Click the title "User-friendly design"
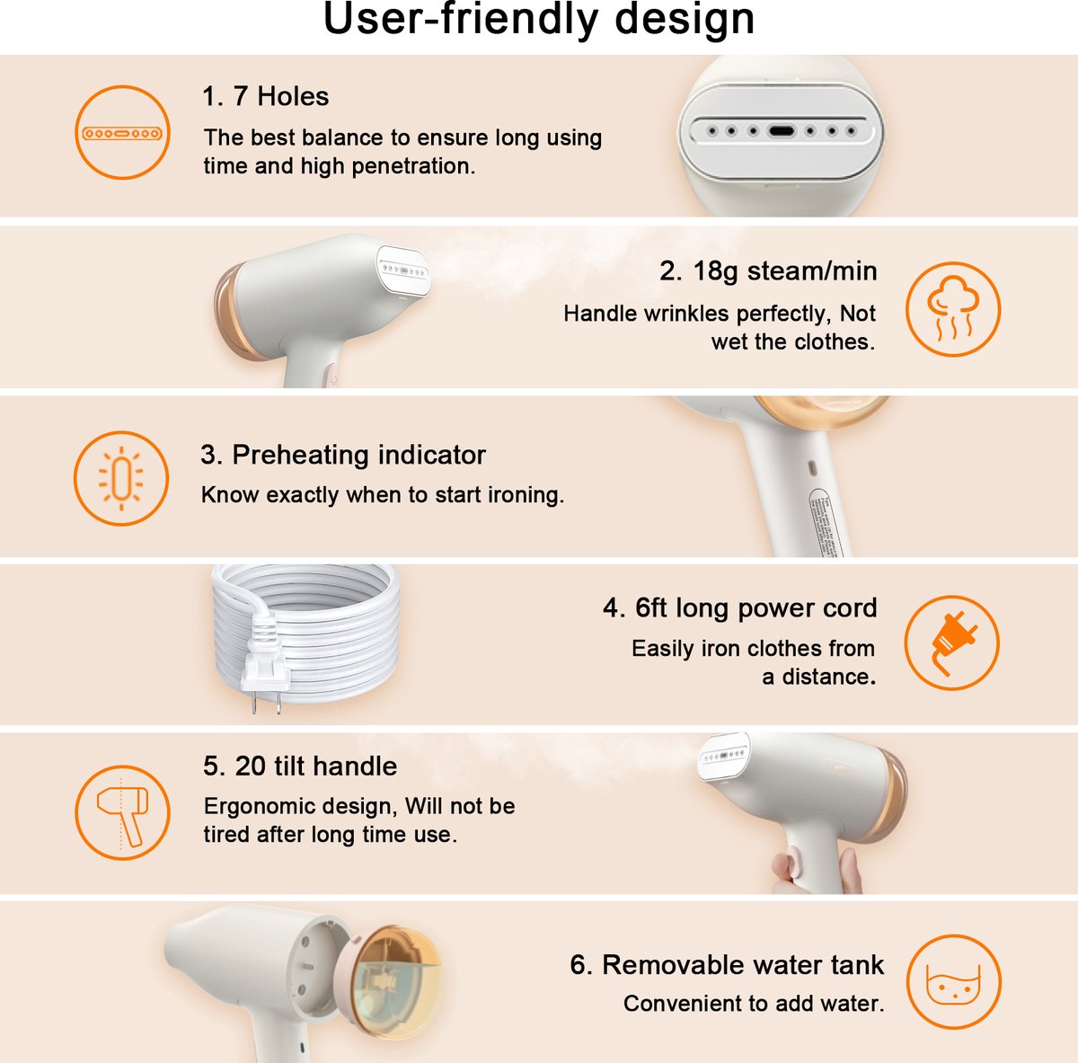click(539, 20)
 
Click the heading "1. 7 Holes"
click(265, 96)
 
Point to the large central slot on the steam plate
click(781, 131)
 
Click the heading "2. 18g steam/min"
click(768, 271)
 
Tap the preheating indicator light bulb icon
click(121, 479)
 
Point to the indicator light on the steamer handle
click(812, 468)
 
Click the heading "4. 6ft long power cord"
click(739, 608)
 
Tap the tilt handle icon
click(122, 813)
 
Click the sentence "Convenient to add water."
click(754, 1004)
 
